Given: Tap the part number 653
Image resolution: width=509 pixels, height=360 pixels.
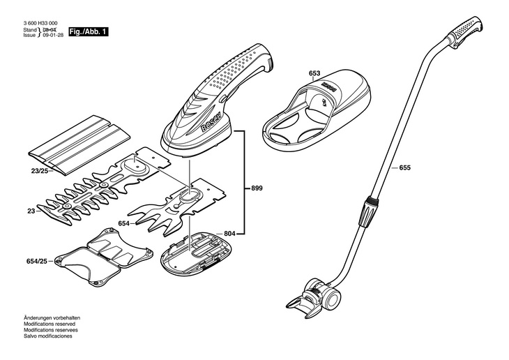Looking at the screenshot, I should [314, 73].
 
